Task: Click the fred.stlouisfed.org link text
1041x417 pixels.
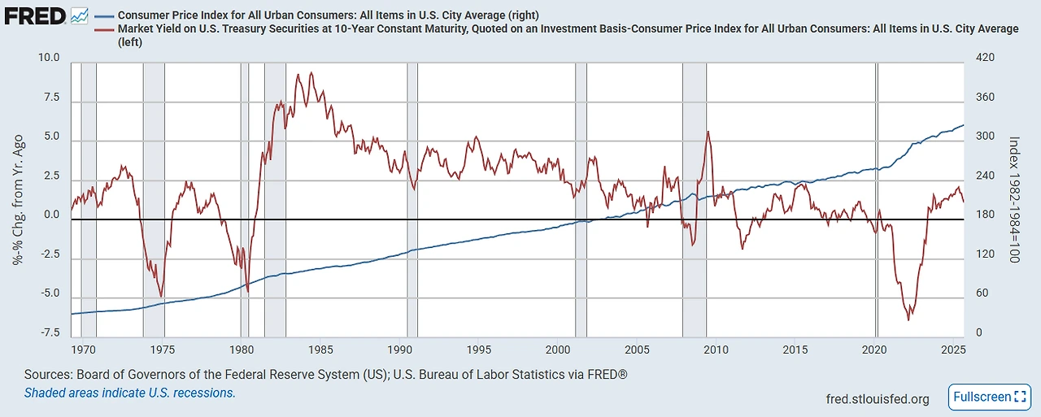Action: coord(877,399)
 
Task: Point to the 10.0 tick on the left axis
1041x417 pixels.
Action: coord(48,59)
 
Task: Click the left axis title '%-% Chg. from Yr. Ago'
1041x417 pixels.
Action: coord(17,199)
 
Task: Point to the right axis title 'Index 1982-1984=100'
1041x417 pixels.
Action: coord(1013,199)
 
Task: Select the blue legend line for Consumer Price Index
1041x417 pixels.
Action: coord(103,15)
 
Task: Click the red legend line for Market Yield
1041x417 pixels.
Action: coord(103,28)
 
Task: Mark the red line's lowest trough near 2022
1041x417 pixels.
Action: coord(908,319)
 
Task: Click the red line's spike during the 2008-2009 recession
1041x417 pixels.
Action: coord(708,132)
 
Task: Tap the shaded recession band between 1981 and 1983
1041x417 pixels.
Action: coord(275,195)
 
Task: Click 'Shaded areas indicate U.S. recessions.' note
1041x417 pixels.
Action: coord(130,393)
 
